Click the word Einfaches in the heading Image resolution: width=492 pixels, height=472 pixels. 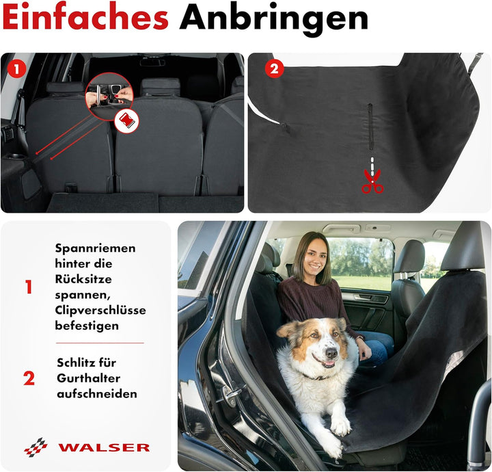pyautogui.click(x=85, y=18)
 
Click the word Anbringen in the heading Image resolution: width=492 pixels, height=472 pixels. pyautogui.click(x=273, y=18)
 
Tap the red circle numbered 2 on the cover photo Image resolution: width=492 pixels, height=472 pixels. pyautogui.click(x=273, y=69)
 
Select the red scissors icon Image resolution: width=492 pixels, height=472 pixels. pyautogui.click(x=372, y=181)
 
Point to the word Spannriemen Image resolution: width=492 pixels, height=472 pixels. pyautogui.click(x=95, y=248)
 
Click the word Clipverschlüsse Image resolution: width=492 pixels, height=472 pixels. pyautogui.click(x=100, y=310)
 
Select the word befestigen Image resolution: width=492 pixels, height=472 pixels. pyautogui.click(x=87, y=326)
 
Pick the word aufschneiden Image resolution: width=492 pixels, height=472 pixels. pyautogui.click(x=96, y=393)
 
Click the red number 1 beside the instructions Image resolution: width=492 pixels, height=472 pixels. pyautogui.click(x=29, y=288)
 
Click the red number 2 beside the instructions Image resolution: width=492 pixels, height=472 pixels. pyautogui.click(x=29, y=378)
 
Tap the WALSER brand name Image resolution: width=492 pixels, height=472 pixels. pyautogui.click(x=104, y=447)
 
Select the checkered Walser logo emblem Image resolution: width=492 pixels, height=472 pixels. pyautogui.click(x=36, y=447)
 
